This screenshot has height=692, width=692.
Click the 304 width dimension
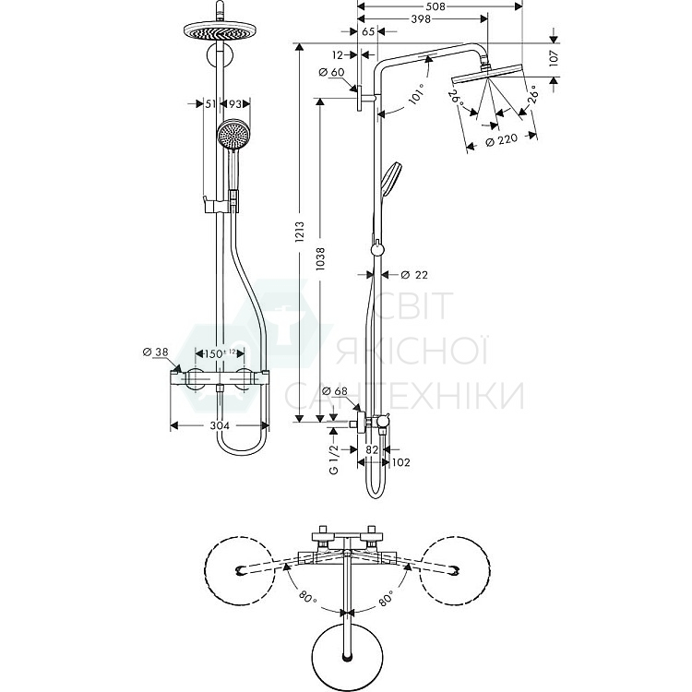tap(220, 426)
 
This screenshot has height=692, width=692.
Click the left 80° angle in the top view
tap(306, 597)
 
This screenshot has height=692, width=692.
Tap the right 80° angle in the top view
tap(385, 597)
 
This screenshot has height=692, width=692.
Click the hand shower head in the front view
tap(233, 136)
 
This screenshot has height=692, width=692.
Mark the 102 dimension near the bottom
tap(401, 462)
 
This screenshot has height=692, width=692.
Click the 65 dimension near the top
tap(368, 31)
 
